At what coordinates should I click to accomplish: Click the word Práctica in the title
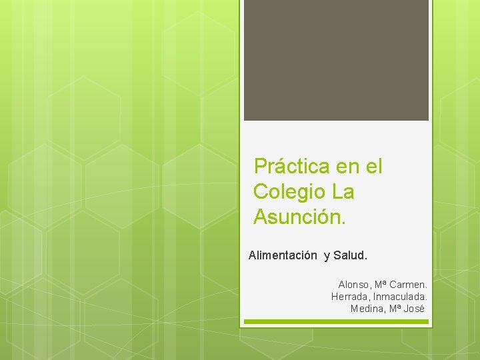(x=291, y=166)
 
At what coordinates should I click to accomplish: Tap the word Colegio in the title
(x=289, y=192)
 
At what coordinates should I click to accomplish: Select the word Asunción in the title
(x=297, y=217)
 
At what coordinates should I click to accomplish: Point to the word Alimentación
(x=283, y=255)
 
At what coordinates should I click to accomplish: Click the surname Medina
(x=366, y=309)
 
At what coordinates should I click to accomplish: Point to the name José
(x=415, y=309)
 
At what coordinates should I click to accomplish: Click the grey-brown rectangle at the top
(x=336, y=60)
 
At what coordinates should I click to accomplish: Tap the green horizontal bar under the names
(x=336, y=321)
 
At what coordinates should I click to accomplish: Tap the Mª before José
(x=395, y=309)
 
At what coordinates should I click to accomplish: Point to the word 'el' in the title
(x=375, y=166)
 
